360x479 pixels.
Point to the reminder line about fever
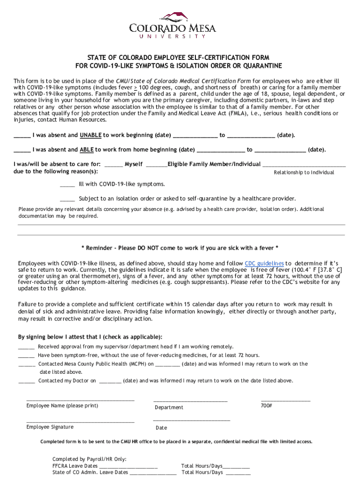(x=180, y=247)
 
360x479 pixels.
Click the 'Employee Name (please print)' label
(x=62, y=406)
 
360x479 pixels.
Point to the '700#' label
(x=266, y=406)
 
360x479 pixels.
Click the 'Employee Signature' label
(x=50, y=427)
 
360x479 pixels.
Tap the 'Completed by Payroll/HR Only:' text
(x=89, y=459)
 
